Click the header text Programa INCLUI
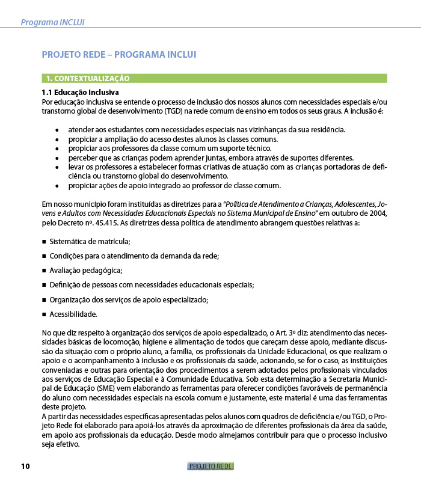point(52,22)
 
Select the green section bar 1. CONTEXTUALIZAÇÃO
point(214,78)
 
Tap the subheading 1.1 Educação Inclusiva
point(80,93)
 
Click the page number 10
point(25,467)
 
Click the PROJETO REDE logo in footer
point(210,467)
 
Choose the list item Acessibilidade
point(73,314)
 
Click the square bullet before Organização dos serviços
point(45,299)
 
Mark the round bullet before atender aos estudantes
point(57,130)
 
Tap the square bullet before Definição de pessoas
point(45,285)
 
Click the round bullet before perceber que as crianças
point(57,158)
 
